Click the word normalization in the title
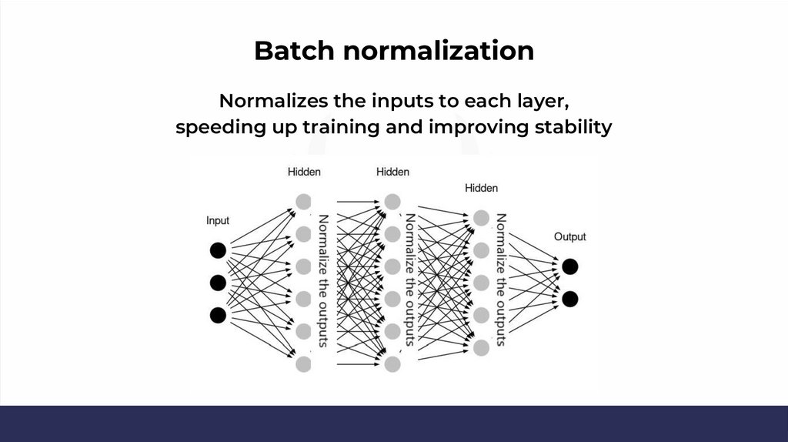click(x=438, y=51)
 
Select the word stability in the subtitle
click(x=573, y=126)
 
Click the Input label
click(x=218, y=221)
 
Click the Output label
click(x=569, y=236)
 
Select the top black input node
click(x=218, y=250)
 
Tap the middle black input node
click(x=218, y=283)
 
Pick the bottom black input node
click(x=218, y=315)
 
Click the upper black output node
click(x=569, y=266)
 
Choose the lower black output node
click(x=569, y=299)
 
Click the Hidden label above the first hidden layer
click(x=304, y=172)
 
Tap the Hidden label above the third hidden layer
click(x=481, y=188)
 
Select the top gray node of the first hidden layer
click(x=304, y=201)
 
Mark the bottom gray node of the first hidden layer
click(x=304, y=363)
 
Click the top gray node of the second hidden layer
click(x=392, y=201)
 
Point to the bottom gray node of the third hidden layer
click(x=481, y=347)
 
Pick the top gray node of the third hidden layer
click(x=481, y=218)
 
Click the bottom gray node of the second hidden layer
click(x=392, y=363)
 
